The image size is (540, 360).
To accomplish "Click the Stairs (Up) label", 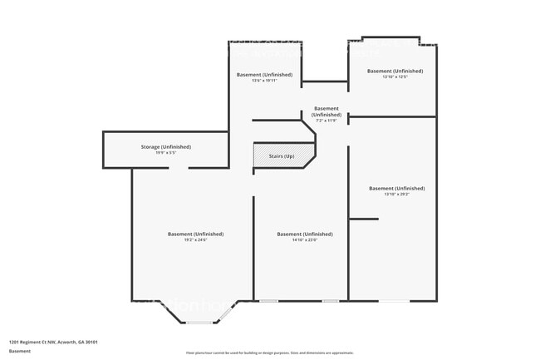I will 282,156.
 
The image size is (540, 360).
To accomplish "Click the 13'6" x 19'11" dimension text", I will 264,81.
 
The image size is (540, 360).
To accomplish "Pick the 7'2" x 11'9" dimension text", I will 326,121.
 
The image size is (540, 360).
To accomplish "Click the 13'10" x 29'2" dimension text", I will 396,195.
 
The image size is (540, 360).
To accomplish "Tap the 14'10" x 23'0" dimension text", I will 305,240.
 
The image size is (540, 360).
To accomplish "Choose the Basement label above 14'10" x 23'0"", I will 305,234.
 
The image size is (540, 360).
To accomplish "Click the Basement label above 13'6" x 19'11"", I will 264,74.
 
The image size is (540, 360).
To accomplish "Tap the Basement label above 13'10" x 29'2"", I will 396,188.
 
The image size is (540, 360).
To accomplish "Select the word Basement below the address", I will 20,351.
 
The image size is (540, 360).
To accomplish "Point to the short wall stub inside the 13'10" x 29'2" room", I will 363,219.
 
